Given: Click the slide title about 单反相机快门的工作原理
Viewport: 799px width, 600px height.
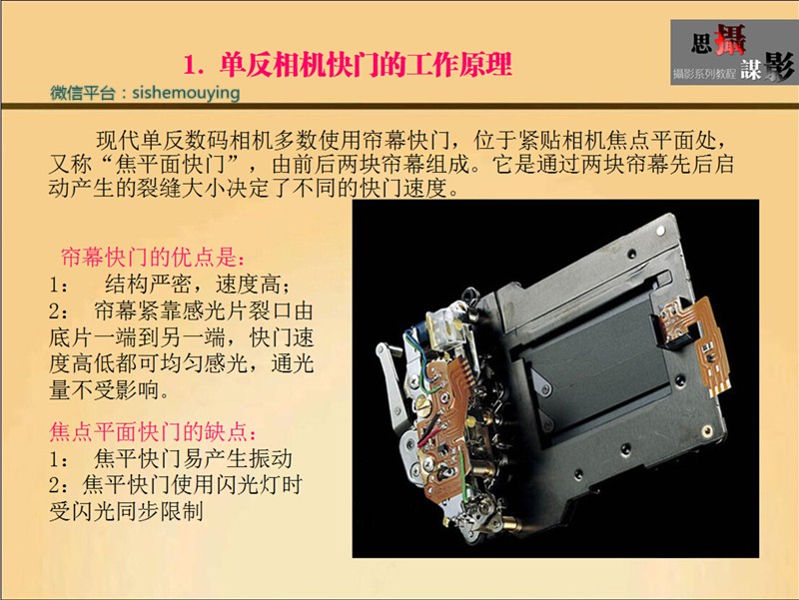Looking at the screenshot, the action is point(348,65).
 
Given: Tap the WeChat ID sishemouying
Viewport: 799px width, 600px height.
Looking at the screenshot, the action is point(186,93).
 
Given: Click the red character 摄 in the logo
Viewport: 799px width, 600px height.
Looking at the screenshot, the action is point(730,39).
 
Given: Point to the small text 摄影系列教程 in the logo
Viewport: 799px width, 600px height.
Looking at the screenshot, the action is point(704,74).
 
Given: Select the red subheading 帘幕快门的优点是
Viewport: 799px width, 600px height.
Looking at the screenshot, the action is point(152,258).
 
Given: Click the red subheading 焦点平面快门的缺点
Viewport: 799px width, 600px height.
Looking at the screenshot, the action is point(152,432).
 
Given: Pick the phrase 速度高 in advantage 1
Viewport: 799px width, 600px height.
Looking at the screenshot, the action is point(248,285).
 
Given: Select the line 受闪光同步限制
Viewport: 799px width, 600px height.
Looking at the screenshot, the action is point(127,511).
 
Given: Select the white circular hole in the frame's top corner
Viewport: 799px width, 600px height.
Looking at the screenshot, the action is point(660,231).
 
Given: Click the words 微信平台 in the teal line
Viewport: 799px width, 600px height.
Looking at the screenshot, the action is point(83,93).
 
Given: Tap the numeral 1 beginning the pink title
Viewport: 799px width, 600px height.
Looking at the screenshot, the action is point(190,65).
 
